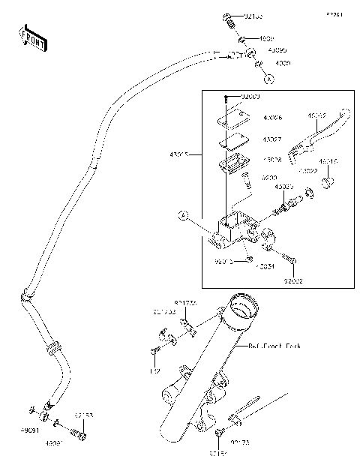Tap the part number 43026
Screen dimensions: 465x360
click(272, 118)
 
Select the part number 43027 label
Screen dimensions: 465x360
click(272, 139)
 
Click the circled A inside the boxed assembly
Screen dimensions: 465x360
click(181, 216)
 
